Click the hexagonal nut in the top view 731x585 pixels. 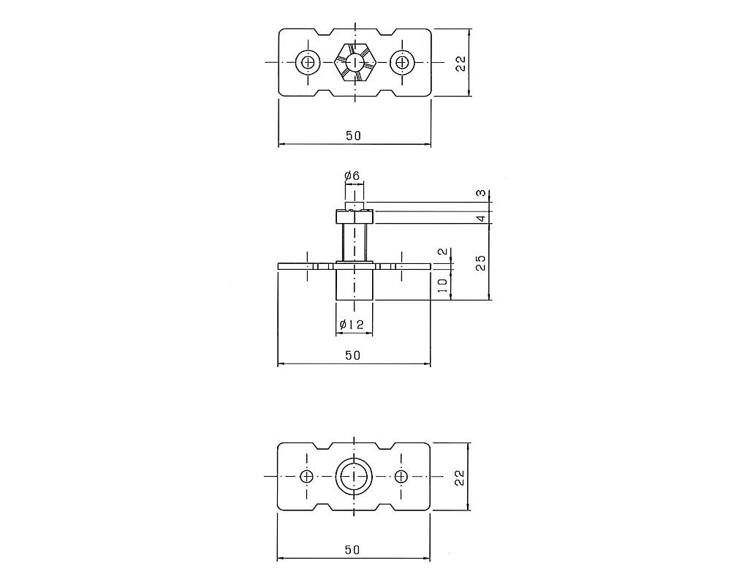[x=355, y=62]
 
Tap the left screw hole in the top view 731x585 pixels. [x=308, y=62]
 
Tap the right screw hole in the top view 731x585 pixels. [x=402, y=62]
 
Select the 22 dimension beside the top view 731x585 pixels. [x=461, y=63]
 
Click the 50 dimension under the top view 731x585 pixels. [x=353, y=135]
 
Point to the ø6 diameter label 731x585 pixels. [x=352, y=176]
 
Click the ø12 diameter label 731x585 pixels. [x=352, y=324]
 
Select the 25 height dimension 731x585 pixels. [x=481, y=263]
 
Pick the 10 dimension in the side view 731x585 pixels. [x=443, y=284]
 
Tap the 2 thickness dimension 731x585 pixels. [x=443, y=252]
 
